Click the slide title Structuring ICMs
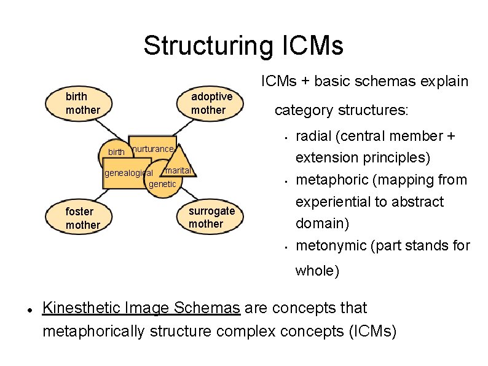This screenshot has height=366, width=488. (x=243, y=46)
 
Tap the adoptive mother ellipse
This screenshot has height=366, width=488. (x=211, y=103)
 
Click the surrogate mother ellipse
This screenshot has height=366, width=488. (x=211, y=217)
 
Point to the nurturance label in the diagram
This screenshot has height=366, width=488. (x=154, y=149)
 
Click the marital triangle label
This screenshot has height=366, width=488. (x=179, y=170)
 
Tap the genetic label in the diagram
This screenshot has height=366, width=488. (x=162, y=184)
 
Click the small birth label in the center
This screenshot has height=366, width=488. (x=116, y=152)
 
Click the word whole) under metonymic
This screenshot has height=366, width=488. (x=317, y=271)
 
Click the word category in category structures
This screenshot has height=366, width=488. (x=301, y=111)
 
